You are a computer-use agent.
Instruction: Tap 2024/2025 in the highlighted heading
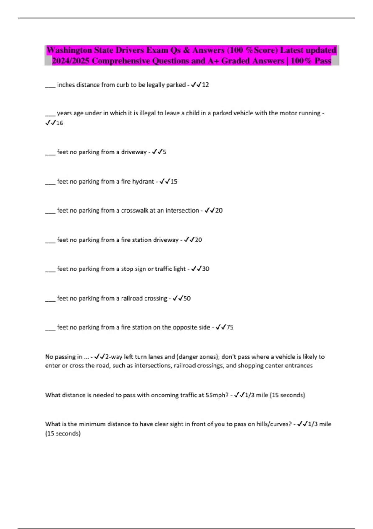tap(71, 61)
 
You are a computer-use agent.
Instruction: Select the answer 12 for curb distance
tap(205, 85)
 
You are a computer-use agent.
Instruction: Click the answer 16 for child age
tap(60, 123)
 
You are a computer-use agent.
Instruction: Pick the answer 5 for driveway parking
tap(164, 152)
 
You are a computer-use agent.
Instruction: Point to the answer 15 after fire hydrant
tap(174, 181)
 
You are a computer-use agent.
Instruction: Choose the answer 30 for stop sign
tap(205, 269)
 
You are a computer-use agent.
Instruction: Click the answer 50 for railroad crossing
tap(187, 298)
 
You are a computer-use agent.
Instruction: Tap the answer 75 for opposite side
tap(230, 327)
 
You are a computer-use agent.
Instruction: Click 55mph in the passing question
tap(217, 395)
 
